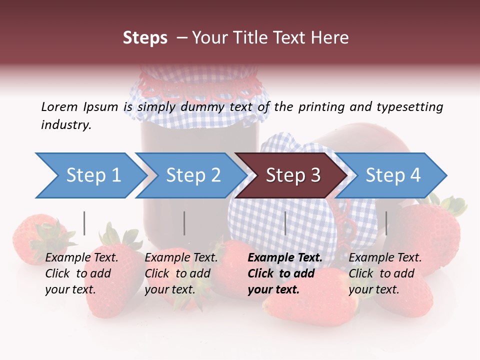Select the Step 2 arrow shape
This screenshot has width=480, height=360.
coord(190,175)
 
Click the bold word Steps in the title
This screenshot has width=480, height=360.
coord(145,38)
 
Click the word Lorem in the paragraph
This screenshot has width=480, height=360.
coord(59,106)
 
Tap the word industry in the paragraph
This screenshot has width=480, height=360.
coord(65,125)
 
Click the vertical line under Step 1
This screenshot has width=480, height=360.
coord(84,223)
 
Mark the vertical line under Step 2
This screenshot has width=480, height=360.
coord(184,223)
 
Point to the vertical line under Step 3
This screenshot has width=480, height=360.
coord(285,223)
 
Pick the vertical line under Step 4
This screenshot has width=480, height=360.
coord(386,223)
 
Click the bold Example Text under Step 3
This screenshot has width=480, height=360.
coord(285,258)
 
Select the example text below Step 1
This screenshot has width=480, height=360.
coord(81,273)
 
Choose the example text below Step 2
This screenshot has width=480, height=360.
coord(180,273)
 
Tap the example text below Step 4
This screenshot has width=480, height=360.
coord(384,273)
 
